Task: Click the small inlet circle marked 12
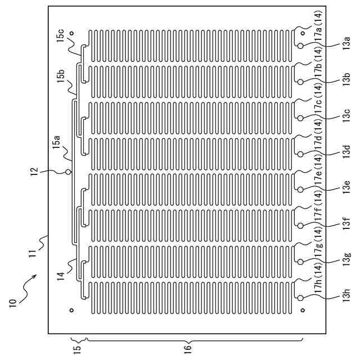point(69,172)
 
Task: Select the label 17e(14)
point(318,173)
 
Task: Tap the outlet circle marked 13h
point(300,298)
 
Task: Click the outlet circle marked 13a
point(300,45)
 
